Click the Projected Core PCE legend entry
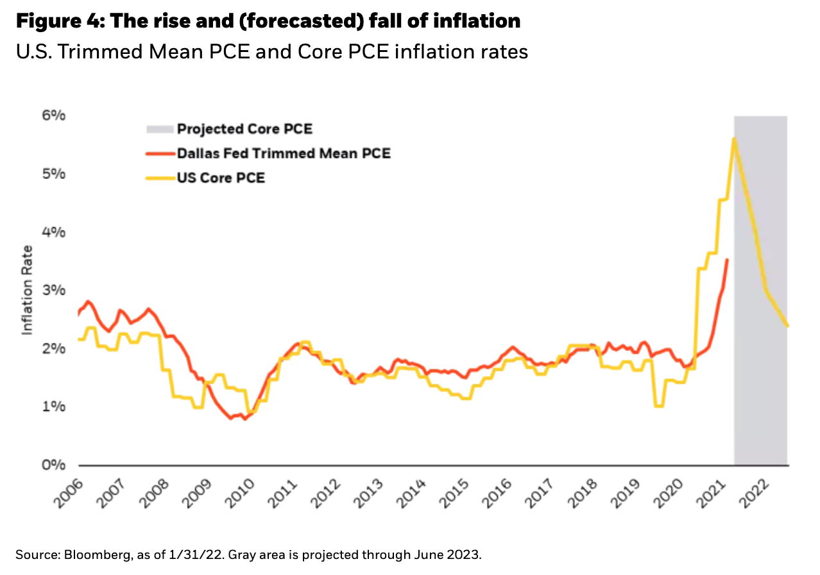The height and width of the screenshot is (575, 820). pos(244,129)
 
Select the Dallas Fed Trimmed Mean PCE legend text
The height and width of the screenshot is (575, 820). pos(284,153)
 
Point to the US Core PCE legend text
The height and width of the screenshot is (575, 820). pos(221,178)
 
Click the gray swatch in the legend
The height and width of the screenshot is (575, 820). pos(160,129)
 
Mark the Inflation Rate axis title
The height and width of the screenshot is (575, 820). pos(28,290)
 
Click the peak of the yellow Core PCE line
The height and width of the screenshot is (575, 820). pos(733,139)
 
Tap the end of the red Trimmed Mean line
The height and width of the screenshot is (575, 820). pos(726,259)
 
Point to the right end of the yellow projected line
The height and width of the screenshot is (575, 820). pos(787,326)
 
